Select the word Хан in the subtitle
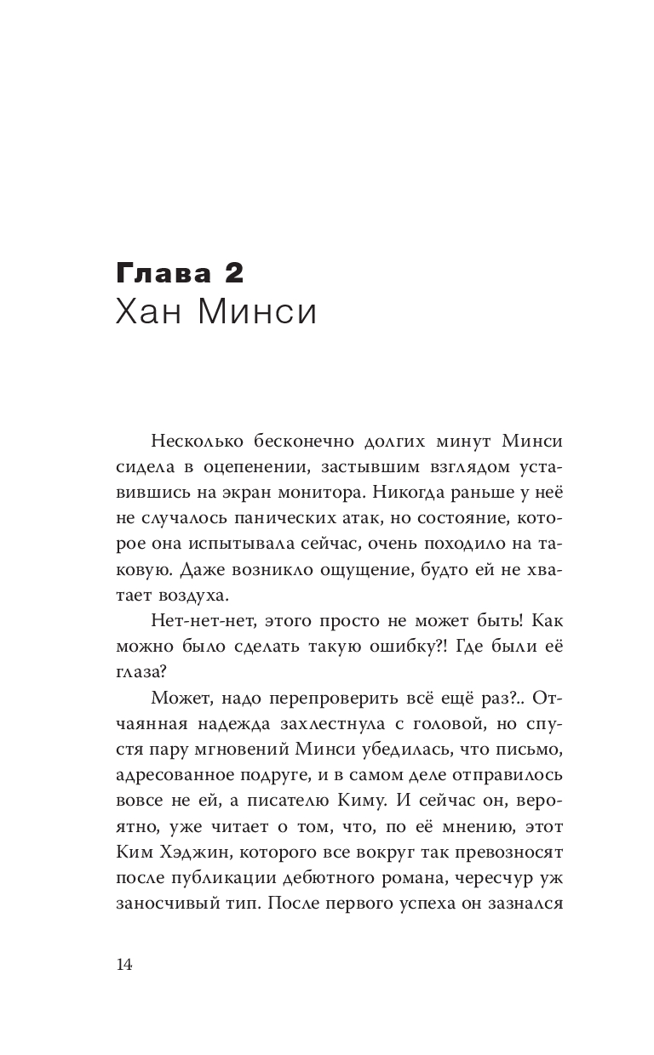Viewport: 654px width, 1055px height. pos(146,312)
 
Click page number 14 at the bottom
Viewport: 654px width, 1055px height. pos(124,964)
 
